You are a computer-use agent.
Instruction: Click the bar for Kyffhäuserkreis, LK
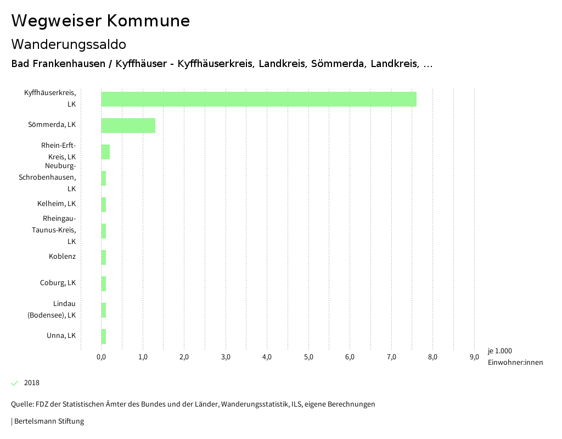click(258, 99)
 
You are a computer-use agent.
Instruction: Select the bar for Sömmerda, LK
click(128, 125)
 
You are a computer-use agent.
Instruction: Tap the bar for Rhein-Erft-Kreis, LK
click(105, 152)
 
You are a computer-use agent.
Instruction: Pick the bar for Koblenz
click(104, 257)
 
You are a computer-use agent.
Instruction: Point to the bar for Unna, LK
click(104, 336)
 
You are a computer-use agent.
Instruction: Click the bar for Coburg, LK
click(104, 284)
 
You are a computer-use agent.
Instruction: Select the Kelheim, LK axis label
click(57, 204)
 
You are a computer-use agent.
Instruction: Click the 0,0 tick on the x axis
click(102, 357)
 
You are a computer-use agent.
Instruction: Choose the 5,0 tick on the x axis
click(308, 357)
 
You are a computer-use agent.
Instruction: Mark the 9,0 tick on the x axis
click(474, 357)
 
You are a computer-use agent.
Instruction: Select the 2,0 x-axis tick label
click(184, 357)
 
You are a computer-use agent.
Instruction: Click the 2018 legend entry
click(32, 383)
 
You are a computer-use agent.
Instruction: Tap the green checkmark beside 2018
click(15, 383)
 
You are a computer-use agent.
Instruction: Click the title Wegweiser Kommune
click(100, 21)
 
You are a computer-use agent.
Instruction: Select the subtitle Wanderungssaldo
click(69, 44)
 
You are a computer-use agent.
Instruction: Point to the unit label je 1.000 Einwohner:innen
click(515, 357)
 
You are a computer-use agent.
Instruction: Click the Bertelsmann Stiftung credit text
click(48, 421)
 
